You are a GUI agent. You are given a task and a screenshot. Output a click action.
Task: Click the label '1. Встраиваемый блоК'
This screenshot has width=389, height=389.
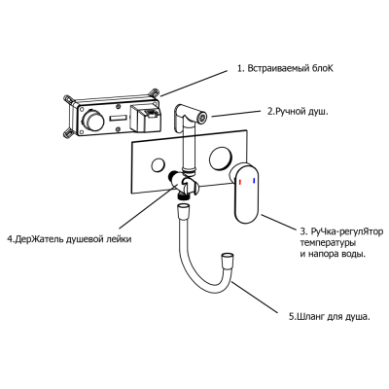(x=285, y=69)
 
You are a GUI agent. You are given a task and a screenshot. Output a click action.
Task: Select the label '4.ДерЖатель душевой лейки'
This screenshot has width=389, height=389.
(x=69, y=239)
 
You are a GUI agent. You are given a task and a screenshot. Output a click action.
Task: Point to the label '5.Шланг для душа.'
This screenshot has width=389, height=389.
(x=330, y=316)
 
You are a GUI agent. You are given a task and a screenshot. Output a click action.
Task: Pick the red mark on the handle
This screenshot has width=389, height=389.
(x=240, y=182)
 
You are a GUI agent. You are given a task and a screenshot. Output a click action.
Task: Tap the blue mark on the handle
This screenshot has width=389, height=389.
(x=255, y=180)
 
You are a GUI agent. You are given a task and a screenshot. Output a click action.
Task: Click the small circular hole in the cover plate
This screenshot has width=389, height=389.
(x=159, y=165)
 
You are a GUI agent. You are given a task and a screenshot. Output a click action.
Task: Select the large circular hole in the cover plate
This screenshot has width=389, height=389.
(x=220, y=158)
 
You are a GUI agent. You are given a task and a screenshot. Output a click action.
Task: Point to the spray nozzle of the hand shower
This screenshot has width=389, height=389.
(x=203, y=117)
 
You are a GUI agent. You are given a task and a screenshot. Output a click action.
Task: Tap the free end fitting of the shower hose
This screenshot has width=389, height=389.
(x=226, y=261)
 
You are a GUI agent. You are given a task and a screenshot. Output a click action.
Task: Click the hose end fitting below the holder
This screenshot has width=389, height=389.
(x=184, y=207)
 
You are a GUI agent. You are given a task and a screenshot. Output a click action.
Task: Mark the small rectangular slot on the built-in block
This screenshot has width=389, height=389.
(x=119, y=119)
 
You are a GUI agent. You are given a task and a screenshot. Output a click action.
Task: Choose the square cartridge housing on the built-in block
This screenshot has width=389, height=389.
(x=145, y=118)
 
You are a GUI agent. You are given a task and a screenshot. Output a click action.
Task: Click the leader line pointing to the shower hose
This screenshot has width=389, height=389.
(x=255, y=298)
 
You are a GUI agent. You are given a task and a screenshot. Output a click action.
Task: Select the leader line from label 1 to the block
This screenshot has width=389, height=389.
(x=194, y=84)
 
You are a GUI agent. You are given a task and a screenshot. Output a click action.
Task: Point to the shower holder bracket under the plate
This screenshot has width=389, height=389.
(x=184, y=186)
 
